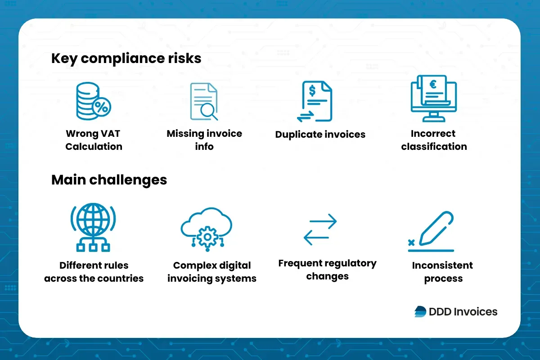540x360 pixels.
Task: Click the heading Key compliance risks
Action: click(x=126, y=58)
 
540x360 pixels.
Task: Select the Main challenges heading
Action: click(x=109, y=180)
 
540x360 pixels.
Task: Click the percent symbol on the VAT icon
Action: click(x=102, y=107)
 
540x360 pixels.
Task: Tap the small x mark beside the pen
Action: click(x=411, y=243)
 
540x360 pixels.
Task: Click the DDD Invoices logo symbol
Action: click(x=420, y=311)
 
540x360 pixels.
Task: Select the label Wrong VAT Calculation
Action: click(x=94, y=140)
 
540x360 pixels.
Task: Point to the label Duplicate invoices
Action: click(x=320, y=134)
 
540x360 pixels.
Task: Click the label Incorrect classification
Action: click(x=434, y=140)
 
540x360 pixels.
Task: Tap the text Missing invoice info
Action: click(x=204, y=140)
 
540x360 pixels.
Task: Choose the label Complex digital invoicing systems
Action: click(x=211, y=272)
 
